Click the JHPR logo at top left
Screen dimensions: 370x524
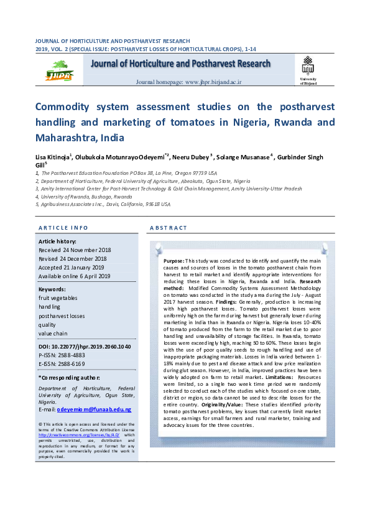(60, 70)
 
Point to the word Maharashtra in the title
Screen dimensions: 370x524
(66, 138)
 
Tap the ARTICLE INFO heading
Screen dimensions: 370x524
(63, 228)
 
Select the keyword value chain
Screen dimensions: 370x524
(53, 334)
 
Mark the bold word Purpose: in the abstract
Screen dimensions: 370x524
(174, 260)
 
